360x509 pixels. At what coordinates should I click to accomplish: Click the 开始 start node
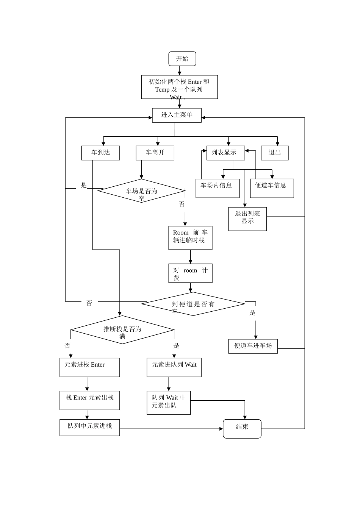[182, 59]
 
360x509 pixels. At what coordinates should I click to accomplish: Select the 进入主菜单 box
[177, 115]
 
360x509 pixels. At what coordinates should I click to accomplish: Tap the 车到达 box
[100, 153]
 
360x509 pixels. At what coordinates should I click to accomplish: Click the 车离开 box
[155, 153]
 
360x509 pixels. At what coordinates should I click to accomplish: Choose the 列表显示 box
[225, 153]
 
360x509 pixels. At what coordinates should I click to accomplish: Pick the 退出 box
[275, 153]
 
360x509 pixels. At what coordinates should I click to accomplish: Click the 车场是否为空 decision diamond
[141, 191]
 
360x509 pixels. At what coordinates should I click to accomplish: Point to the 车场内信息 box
[218, 188]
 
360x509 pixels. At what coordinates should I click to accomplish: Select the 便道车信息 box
[272, 188]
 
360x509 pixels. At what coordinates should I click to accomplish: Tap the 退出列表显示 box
[247, 219]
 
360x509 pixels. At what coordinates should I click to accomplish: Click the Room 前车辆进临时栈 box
[190, 238]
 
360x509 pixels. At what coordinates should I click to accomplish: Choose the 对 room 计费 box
[190, 273]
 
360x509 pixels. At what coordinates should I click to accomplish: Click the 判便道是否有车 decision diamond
[193, 304]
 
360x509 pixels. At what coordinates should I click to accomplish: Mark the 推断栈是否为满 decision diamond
[122, 329]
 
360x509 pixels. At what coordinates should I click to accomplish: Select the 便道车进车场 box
[253, 346]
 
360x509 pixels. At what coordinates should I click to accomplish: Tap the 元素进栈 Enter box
[89, 367]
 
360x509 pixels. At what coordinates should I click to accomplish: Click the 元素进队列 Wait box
[174, 367]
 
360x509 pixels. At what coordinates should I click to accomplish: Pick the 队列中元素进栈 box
[89, 428]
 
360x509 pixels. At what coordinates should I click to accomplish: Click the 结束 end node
[242, 429]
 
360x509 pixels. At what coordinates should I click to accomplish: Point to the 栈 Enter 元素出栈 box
[89, 400]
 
